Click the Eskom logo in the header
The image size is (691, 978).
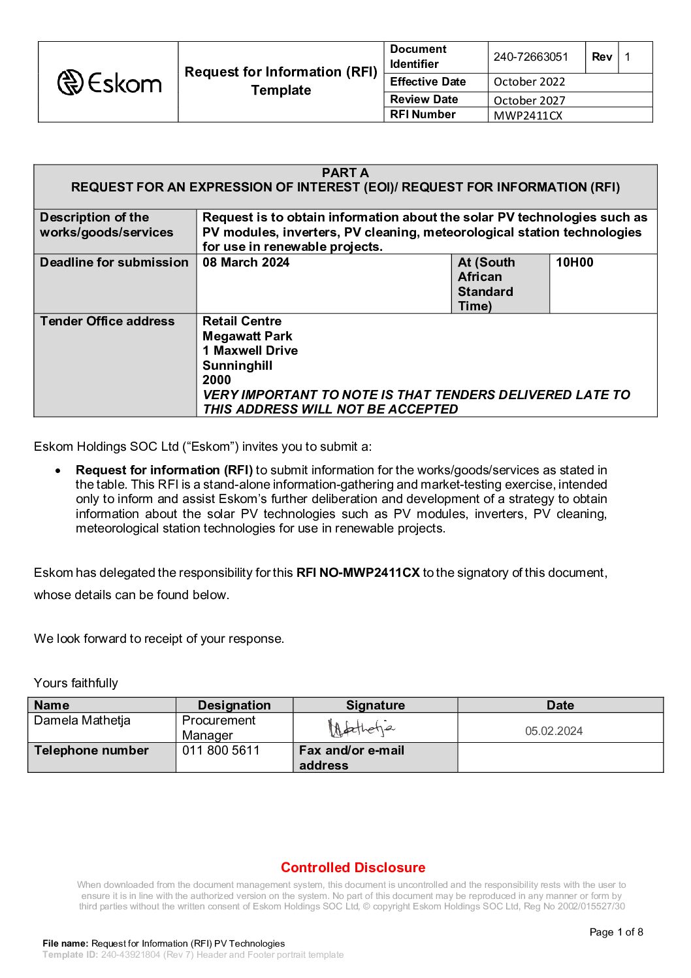coord(109,83)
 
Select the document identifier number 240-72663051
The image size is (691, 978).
coord(530,57)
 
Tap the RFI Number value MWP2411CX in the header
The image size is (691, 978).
coord(528,116)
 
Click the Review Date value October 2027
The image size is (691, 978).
coord(529,100)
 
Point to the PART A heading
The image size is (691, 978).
coord(345,172)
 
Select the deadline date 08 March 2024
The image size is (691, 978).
coord(246,263)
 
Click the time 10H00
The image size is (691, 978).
coord(574,263)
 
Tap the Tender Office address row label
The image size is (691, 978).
coord(107,321)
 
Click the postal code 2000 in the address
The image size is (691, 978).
coord(216,380)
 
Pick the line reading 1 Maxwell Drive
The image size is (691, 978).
coord(249,350)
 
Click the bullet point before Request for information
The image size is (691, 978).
coord(59,470)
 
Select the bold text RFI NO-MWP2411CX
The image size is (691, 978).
coord(357,573)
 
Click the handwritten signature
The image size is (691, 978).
coord(361,728)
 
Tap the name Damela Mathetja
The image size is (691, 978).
coord(82,721)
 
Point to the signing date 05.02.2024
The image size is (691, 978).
coord(554,731)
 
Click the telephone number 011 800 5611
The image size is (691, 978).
coord(221,751)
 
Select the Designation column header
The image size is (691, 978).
coord(234,706)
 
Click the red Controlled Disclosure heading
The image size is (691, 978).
coord(353,868)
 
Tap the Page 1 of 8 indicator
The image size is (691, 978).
coord(616,932)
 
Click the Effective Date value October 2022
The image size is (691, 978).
coord(529,82)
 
